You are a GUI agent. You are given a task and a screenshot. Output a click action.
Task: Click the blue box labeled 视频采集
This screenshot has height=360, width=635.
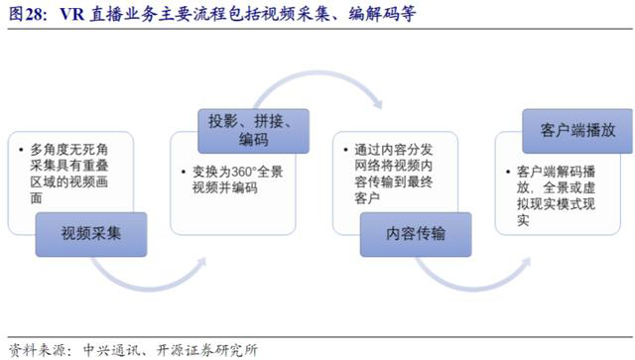(90, 234)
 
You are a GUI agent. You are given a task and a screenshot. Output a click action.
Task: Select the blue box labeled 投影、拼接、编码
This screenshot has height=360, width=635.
(254, 128)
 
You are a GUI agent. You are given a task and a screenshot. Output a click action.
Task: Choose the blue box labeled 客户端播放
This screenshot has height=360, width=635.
(576, 130)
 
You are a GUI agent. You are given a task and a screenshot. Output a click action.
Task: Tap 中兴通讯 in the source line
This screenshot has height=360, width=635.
(108, 349)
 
